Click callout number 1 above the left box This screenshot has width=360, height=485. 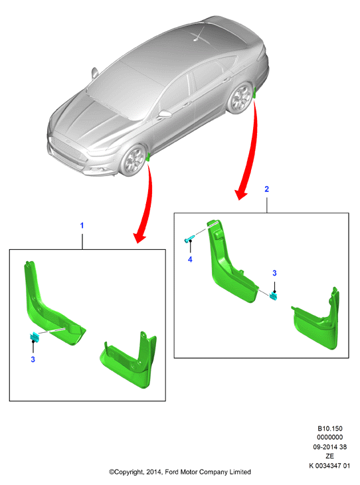(x=82, y=225)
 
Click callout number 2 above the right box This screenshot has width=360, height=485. (x=266, y=189)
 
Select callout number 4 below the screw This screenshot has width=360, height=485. (x=190, y=260)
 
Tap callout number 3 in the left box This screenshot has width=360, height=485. (x=33, y=359)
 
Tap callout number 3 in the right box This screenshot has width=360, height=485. (x=274, y=273)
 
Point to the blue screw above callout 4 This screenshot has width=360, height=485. (x=189, y=239)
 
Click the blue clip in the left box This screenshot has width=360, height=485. (x=34, y=337)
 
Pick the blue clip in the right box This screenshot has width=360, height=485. (x=274, y=296)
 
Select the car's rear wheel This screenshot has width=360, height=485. (x=240, y=98)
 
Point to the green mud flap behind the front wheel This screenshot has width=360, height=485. (x=149, y=157)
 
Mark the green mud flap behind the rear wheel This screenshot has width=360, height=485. (x=255, y=93)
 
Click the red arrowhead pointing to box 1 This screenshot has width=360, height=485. (x=139, y=238)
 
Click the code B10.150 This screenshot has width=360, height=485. (x=330, y=429)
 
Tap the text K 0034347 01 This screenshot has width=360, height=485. (x=329, y=466)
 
